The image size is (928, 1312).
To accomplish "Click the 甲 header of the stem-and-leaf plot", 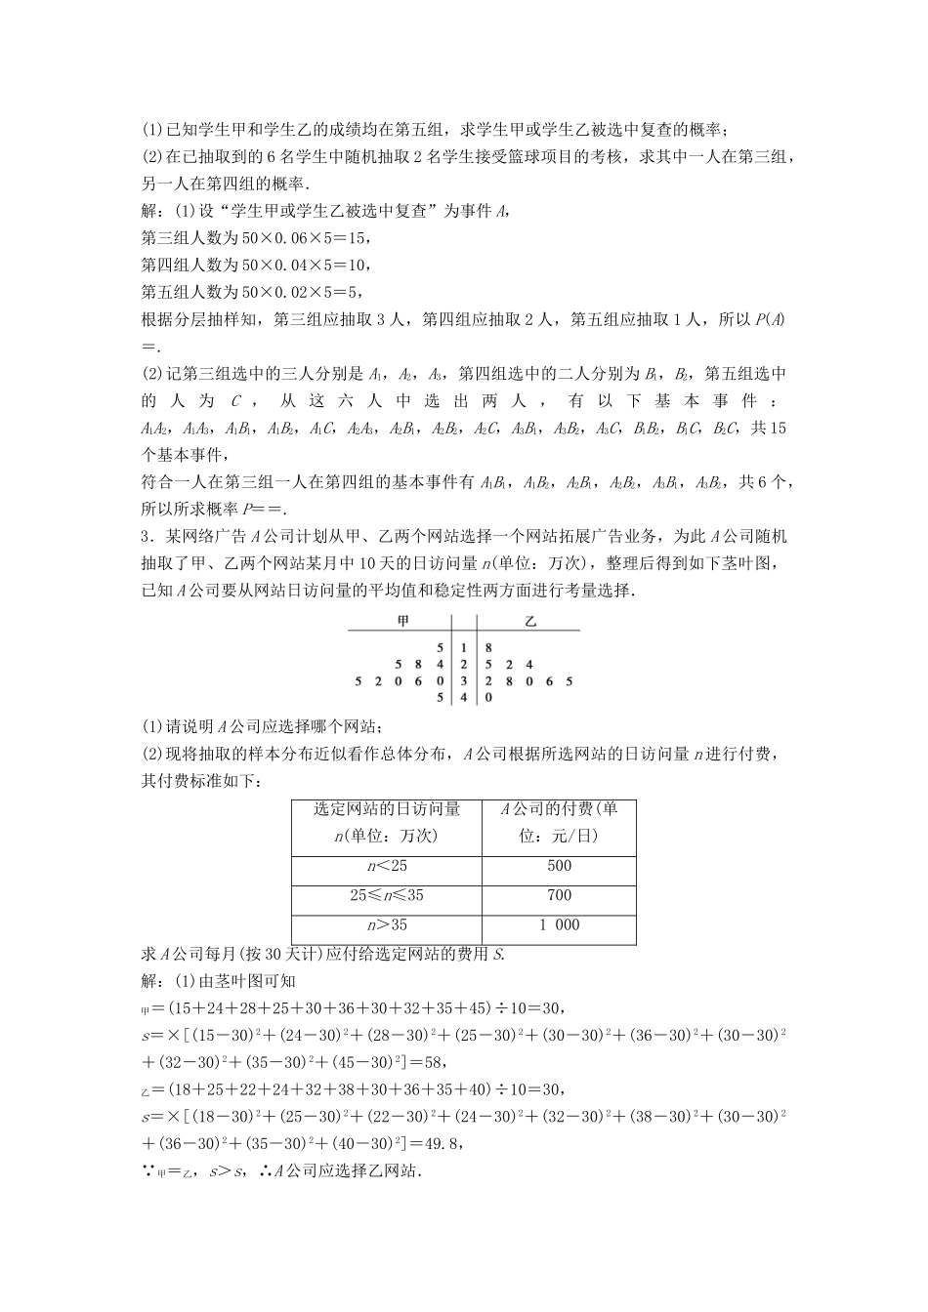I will (x=403, y=621).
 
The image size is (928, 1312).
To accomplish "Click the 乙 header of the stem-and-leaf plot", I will (x=530, y=621).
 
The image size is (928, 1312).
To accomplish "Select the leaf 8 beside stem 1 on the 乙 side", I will (x=488, y=647).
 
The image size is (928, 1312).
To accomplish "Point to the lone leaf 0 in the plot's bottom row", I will (x=488, y=697).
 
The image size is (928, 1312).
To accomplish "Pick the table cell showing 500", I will (x=560, y=866).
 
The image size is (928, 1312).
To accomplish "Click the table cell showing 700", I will (x=560, y=895).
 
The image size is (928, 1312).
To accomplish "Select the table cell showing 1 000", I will (x=560, y=925).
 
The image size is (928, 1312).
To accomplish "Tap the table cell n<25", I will (x=387, y=866).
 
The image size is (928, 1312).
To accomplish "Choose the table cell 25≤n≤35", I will (x=387, y=895).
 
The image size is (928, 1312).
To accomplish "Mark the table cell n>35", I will (x=387, y=925).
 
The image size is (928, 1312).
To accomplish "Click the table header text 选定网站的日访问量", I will (x=387, y=809).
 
